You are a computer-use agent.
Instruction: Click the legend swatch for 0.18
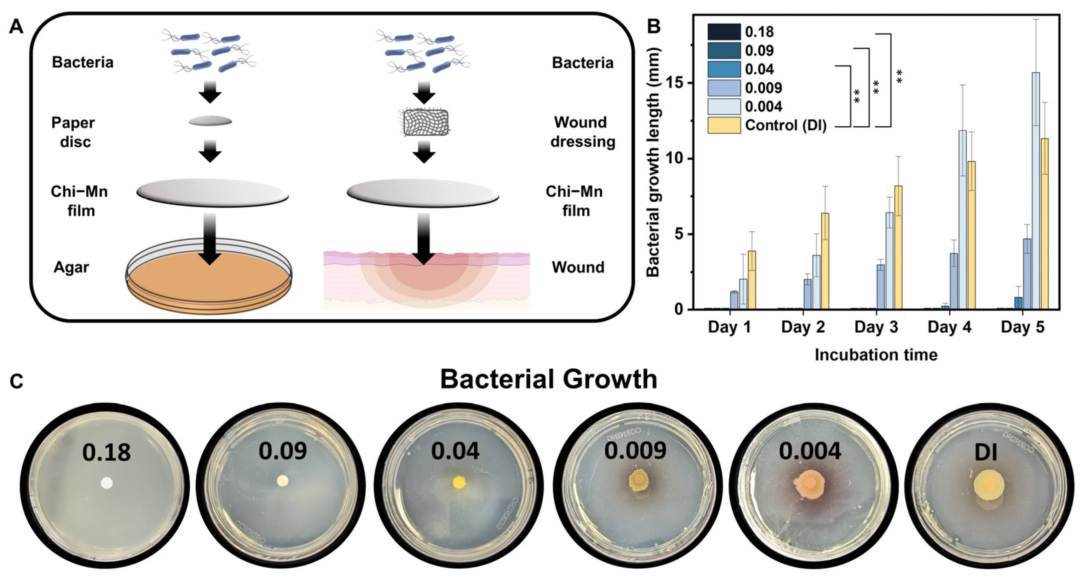pyautogui.click(x=724, y=32)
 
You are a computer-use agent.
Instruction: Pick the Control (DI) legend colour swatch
pyautogui.click(x=724, y=125)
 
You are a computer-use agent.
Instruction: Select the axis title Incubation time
pyautogui.click(x=876, y=355)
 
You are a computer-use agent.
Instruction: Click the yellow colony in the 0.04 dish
pyautogui.click(x=459, y=482)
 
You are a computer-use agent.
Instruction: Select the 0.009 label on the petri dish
pyautogui.click(x=635, y=451)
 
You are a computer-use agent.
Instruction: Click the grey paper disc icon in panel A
pyautogui.click(x=210, y=121)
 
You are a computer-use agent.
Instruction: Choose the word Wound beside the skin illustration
pyautogui.click(x=578, y=267)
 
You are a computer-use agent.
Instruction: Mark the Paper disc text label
pyautogui.click(x=73, y=132)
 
